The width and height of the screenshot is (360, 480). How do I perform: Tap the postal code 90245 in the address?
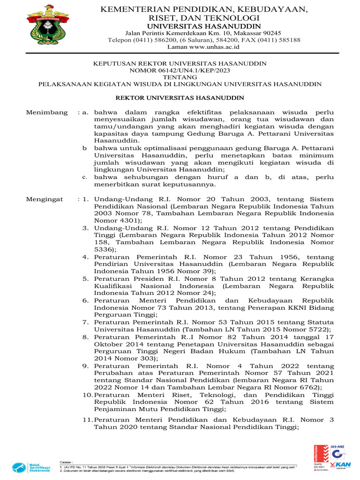click(x=269, y=33)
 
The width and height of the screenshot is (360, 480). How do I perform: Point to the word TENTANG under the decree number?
click(x=180, y=77)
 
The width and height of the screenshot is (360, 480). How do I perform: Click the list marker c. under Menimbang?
click(x=85, y=177)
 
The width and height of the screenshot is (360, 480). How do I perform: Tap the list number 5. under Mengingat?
click(x=86, y=278)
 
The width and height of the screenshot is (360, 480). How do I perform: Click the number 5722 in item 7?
click(x=318, y=330)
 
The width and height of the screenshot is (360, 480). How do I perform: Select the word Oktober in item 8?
click(x=108, y=344)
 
